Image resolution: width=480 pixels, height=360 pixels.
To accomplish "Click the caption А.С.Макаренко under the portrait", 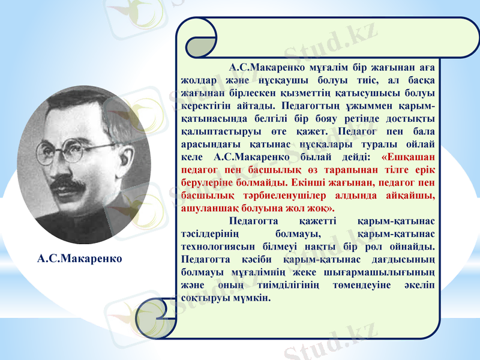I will [x=79, y=259].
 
